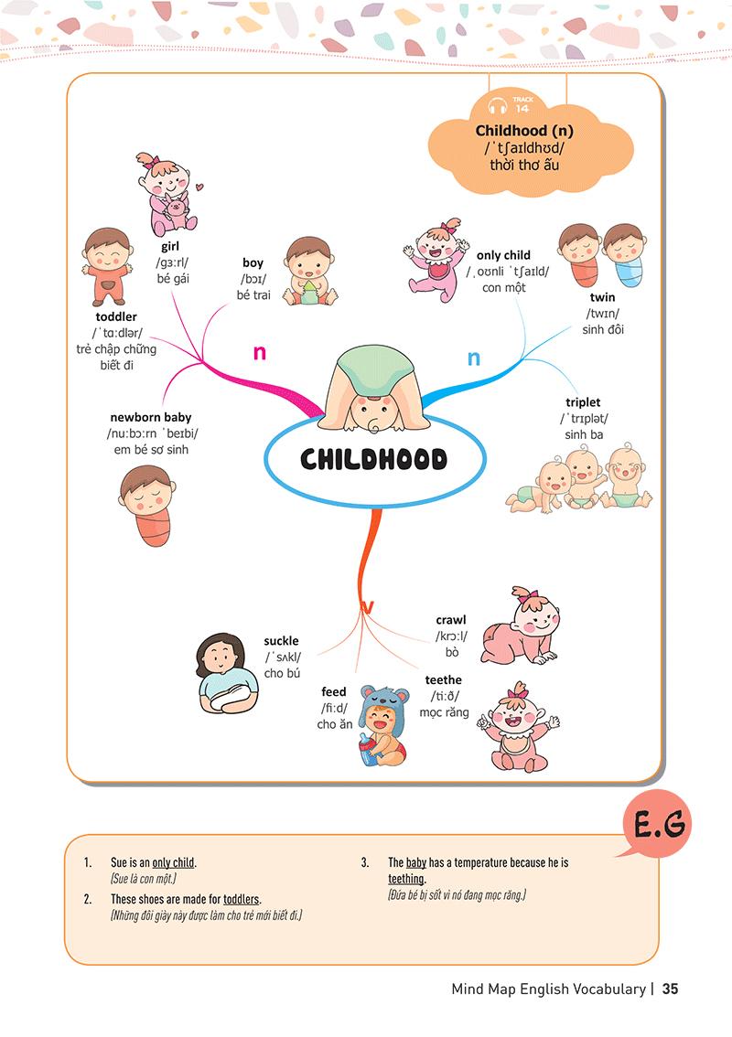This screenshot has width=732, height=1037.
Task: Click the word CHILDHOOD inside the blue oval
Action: [x=373, y=459]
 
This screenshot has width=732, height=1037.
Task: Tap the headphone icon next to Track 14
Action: [x=498, y=106]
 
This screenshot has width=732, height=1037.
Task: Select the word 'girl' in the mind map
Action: [x=169, y=247]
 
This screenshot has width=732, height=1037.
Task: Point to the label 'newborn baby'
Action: [x=151, y=417]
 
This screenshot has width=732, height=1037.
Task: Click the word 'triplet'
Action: [x=583, y=402]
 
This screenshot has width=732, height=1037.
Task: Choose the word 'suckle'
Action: [x=281, y=641]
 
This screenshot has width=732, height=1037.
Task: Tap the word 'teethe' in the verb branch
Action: [x=444, y=680]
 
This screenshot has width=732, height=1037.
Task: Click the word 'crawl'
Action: [x=451, y=620]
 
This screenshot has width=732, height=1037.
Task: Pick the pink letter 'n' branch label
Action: [x=259, y=351]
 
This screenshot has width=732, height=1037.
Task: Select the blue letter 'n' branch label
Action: [x=474, y=358]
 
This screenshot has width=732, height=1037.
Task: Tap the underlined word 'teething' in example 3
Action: [x=406, y=879]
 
